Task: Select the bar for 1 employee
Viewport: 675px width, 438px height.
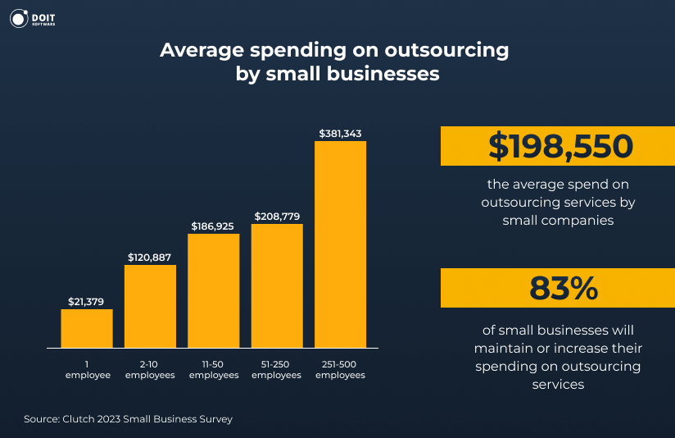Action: click(87, 328)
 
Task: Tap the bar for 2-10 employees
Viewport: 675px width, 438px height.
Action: click(150, 306)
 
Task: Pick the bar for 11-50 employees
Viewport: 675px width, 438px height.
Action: click(214, 290)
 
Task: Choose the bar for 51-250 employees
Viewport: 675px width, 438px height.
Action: click(277, 285)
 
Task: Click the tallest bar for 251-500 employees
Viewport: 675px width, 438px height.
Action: click(340, 244)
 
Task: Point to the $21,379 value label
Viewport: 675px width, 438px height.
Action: click(87, 302)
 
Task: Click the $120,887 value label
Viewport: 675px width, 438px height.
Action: click(150, 258)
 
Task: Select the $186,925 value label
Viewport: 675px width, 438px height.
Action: click(214, 226)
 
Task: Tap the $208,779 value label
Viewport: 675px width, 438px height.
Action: click(277, 217)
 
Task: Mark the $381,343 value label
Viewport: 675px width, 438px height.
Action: click(340, 133)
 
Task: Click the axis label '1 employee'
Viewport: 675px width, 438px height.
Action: click(87, 369)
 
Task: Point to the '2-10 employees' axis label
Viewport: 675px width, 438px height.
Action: click(150, 369)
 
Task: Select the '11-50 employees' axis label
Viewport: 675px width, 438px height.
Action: click(214, 369)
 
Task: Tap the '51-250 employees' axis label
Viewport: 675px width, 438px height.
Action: click(277, 369)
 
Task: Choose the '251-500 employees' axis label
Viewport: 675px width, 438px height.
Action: click(340, 369)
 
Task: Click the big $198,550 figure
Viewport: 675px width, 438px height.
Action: click(560, 147)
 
